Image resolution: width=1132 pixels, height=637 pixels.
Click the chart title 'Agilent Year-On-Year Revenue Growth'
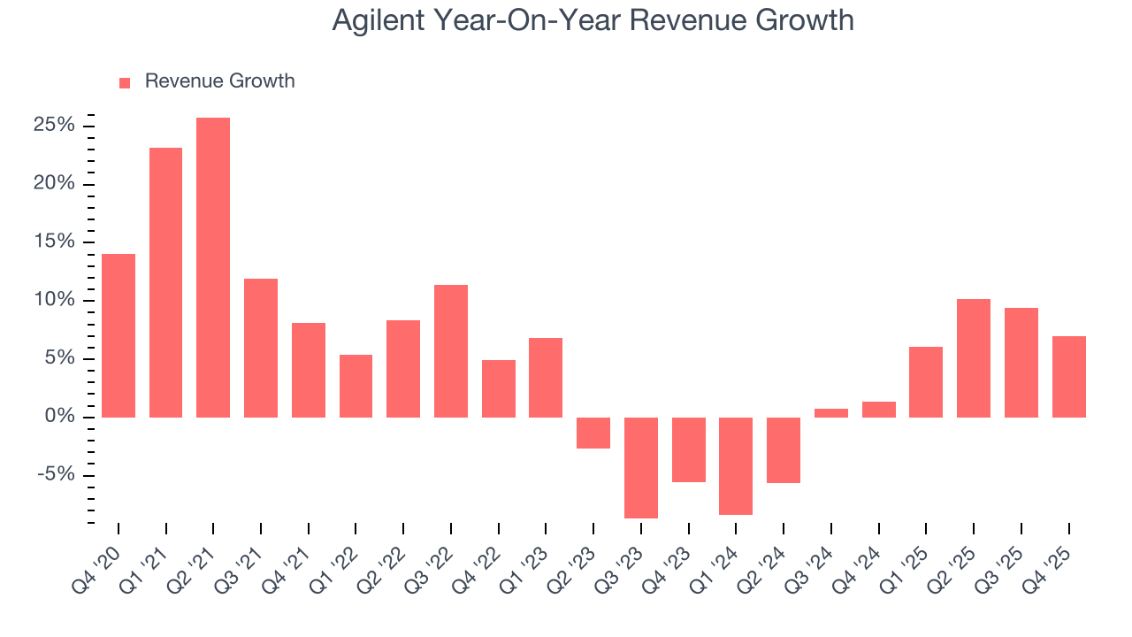pos(593,19)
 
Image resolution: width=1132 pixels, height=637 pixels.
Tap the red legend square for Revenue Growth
pos(125,82)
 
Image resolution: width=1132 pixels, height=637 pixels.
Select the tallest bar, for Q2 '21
pos(213,267)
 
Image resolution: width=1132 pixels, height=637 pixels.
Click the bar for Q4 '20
pos(119,335)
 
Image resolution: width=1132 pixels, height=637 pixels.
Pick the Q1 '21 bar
pos(166,282)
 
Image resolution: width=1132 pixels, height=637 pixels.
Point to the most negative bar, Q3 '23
pos(640,467)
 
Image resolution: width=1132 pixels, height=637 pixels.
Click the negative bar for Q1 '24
pos(735,465)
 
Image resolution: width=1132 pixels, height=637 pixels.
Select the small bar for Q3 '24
pos(830,412)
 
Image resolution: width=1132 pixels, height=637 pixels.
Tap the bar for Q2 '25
pos(973,358)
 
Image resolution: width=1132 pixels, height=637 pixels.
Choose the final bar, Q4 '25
pos(1068,376)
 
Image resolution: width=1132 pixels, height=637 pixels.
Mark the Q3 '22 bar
pos(451,350)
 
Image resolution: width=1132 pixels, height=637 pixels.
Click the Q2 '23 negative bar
pos(593,433)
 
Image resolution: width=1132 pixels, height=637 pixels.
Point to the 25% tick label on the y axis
pos(53,126)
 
